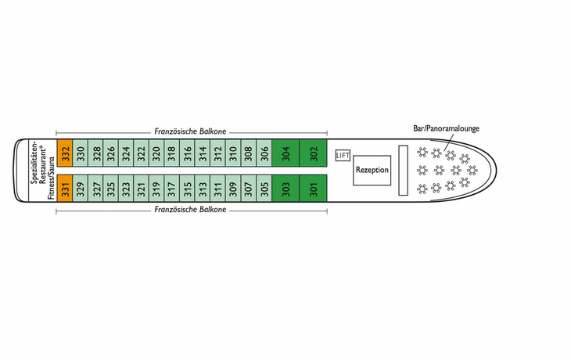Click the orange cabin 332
click(65, 153)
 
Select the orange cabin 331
click(65, 188)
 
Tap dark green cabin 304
click(285, 153)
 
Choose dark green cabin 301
click(313, 188)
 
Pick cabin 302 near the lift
click(313, 153)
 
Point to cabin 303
click(285, 188)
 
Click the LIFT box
click(343, 156)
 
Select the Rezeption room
click(372, 170)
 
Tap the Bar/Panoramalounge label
click(446, 128)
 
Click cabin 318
click(171, 153)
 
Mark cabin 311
click(217, 188)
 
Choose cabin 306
click(264, 153)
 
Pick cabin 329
click(80, 188)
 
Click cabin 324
click(126, 153)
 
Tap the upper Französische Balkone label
click(190, 131)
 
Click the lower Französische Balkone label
click(190, 210)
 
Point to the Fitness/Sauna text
click(51, 178)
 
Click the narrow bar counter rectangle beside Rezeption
click(403, 170)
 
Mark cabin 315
click(187, 188)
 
